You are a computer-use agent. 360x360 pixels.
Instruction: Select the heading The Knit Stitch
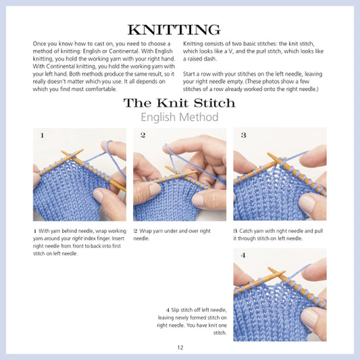click(180, 103)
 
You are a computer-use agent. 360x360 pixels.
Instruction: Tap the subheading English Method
click(180, 118)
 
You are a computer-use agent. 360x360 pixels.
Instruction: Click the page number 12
click(180, 347)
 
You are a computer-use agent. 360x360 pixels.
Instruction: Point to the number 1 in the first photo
click(42, 135)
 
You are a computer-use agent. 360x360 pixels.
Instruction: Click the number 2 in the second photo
click(143, 135)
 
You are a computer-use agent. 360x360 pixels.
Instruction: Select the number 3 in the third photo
click(243, 135)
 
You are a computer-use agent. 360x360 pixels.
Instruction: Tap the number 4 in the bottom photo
click(243, 256)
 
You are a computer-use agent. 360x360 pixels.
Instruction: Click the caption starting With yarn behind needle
click(79, 242)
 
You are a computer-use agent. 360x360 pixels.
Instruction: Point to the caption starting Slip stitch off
click(192, 321)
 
